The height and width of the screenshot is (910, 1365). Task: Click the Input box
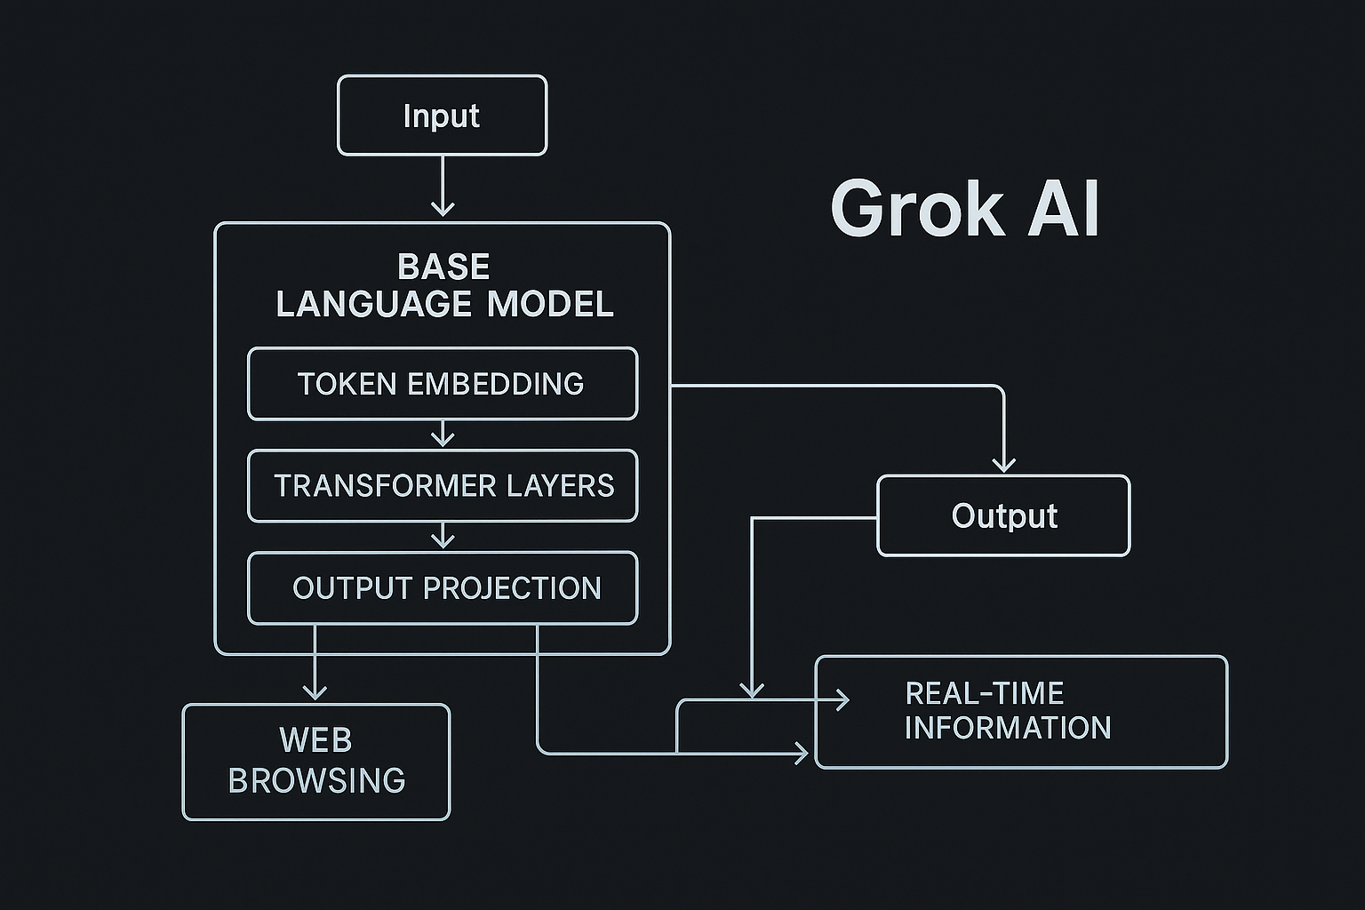click(442, 116)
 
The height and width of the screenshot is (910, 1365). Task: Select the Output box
click(1003, 516)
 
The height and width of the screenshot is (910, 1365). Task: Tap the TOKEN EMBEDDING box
click(442, 384)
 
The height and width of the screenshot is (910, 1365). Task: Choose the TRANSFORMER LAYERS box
click(443, 486)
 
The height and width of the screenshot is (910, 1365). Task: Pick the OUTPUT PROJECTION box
click(443, 588)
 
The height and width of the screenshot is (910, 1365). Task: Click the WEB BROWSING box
click(316, 762)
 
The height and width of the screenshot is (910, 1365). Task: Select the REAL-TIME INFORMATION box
click(1020, 712)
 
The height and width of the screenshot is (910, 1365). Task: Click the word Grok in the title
click(916, 209)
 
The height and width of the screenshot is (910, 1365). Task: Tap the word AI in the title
click(1064, 209)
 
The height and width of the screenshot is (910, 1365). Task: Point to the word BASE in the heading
click(443, 267)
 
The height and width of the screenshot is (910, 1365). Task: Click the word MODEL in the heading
click(550, 305)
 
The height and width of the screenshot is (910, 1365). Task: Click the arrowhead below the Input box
click(443, 209)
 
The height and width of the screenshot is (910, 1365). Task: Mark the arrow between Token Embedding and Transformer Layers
click(443, 436)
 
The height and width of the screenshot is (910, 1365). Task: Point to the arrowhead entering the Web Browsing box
click(315, 692)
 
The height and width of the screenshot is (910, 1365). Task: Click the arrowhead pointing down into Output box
click(1003, 464)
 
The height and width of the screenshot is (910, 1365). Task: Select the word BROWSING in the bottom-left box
click(316, 781)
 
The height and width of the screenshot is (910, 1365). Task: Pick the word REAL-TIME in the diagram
click(984, 693)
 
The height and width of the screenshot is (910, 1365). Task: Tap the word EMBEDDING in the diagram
click(495, 384)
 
